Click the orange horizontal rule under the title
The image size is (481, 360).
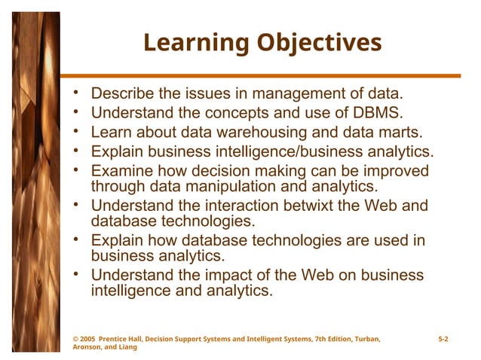[x=261, y=76]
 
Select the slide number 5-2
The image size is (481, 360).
[x=443, y=340]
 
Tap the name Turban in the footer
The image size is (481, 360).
[x=364, y=340]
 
